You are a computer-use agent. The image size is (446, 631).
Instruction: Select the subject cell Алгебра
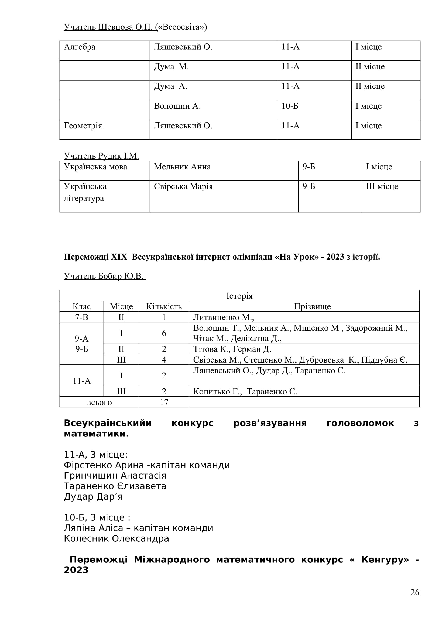pos(80,47)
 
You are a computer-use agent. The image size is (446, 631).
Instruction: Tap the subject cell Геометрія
pos(83,126)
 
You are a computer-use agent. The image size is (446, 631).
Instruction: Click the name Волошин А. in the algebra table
pos(177,106)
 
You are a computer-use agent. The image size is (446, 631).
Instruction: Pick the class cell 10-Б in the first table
pos(290,106)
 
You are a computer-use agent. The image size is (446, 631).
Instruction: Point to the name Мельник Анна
pos(182,167)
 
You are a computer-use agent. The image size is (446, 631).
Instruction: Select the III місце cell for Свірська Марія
pos(382,187)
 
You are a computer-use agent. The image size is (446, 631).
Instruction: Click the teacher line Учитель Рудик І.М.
pos(101,156)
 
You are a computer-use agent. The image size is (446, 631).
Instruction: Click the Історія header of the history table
pos(239,296)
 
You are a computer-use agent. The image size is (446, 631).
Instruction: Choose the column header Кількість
pos(164,306)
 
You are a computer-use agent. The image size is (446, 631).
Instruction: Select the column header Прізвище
pos(312,306)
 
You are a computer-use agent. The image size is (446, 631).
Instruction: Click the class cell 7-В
pos(81,318)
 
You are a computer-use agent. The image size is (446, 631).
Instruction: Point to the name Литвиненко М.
pos(223,318)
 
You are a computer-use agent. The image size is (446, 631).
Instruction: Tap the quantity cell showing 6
pos(164,333)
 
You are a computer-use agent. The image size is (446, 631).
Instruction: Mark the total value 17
pos(164,402)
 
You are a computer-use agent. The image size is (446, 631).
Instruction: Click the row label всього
pos(99,402)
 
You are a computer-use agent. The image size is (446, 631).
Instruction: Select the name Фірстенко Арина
pos(104,465)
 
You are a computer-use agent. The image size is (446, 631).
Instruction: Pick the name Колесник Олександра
pos(116,538)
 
